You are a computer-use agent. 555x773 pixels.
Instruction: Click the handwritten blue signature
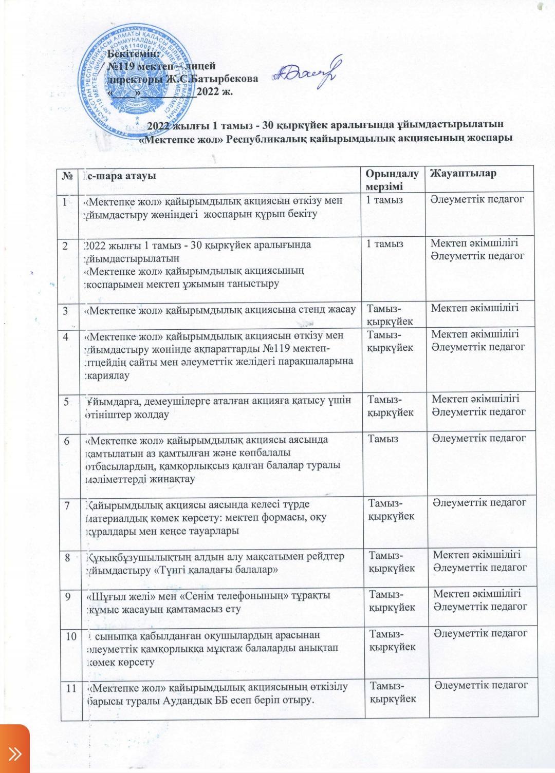point(306,75)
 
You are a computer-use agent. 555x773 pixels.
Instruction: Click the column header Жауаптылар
point(463,173)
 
